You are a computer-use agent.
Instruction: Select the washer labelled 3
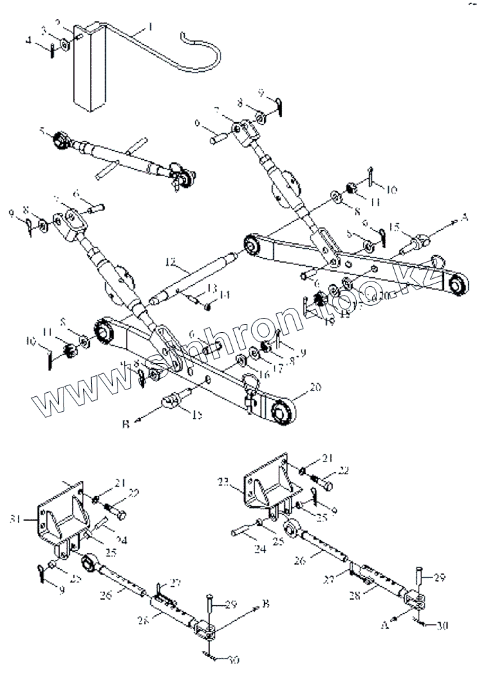pyautogui.click(x=63, y=45)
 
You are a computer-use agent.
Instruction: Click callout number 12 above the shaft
pyautogui.click(x=170, y=260)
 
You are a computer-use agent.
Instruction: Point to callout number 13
pyautogui.click(x=212, y=288)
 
